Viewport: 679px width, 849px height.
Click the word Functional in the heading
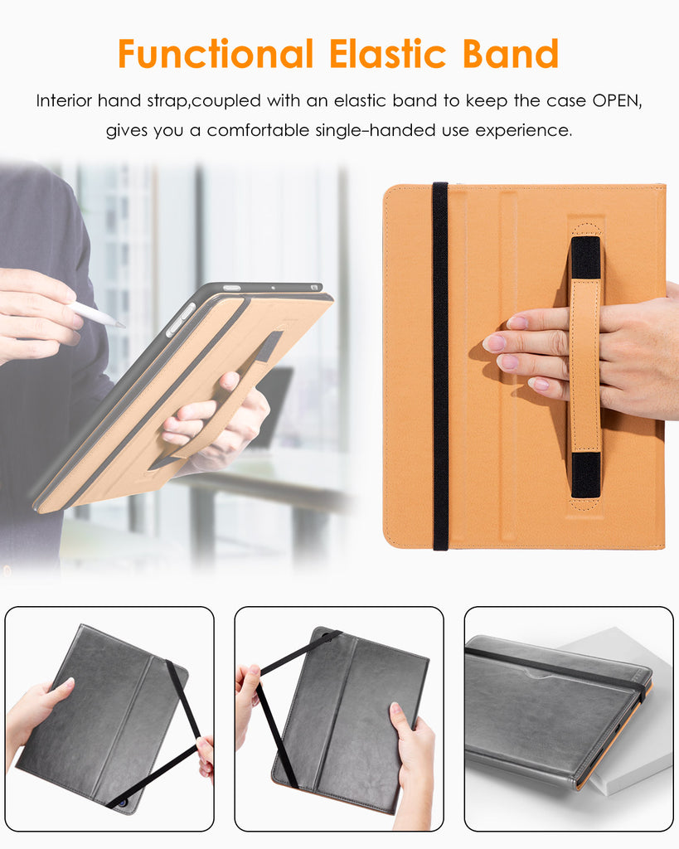[x=216, y=54]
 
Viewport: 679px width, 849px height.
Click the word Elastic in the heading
[x=387, y=54]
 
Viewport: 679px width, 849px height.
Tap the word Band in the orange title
[x=511, y=54]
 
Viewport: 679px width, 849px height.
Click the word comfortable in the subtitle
[x=259, y=130]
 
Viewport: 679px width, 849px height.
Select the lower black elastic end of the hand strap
[x=586, y=475]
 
